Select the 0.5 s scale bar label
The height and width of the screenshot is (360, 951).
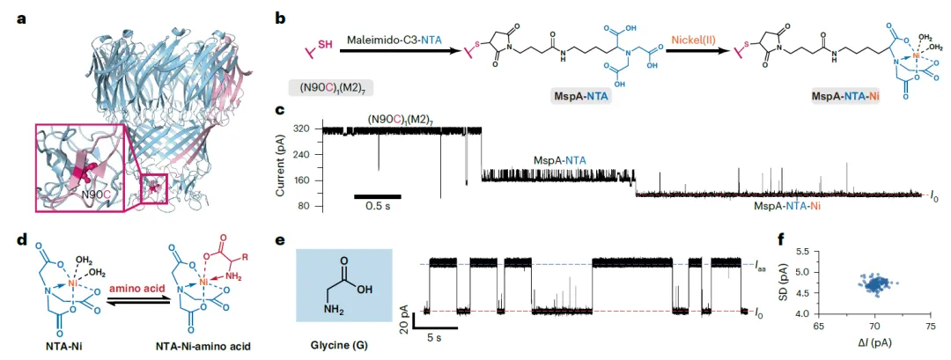(378, 208)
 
